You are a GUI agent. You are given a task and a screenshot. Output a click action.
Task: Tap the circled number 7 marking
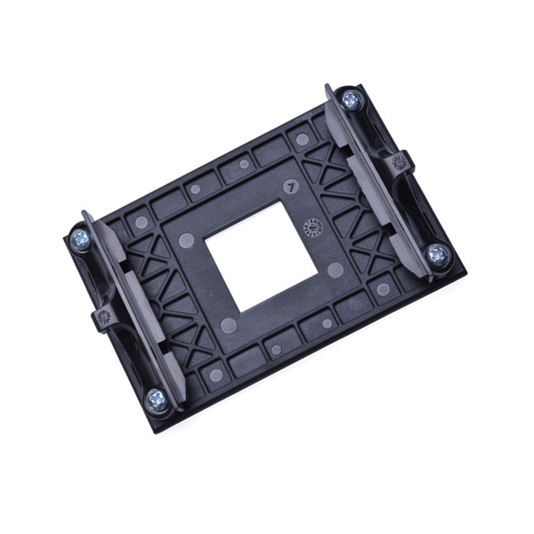click(x=289, y=186)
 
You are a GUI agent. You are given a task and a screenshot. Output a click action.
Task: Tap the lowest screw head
click(x=156, y=400)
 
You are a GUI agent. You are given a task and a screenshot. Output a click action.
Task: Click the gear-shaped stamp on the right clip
click(x=399, y=162)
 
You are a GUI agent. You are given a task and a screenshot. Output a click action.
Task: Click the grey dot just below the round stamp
click(x=335, y=268)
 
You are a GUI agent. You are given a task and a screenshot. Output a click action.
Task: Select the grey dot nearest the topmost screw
click(x=302, y=139)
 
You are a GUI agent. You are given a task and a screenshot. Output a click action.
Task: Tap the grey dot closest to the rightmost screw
click(x=383, y=289)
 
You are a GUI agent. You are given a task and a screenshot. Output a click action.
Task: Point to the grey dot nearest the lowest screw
click(x=216, y=375)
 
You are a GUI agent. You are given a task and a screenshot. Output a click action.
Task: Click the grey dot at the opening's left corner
click(x=187, y=239)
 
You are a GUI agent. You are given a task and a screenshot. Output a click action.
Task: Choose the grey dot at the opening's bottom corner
click(x=229, y=326)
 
